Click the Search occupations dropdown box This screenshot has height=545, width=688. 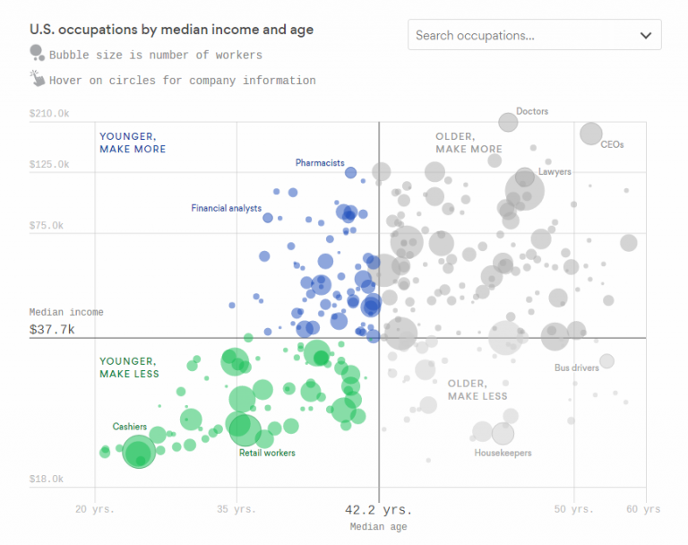[x=534, y=35]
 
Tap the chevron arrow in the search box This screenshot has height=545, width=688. [x=646, y=36]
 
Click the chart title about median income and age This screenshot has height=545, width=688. [x=171, y=30]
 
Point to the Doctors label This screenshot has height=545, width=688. [x=532, y=111]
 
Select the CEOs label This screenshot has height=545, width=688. [x=612, y=144]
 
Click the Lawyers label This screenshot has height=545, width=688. [x=555, y=171]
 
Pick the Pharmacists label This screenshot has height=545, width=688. [x=320, y=163]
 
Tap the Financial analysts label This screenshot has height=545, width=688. [x=226, y=208]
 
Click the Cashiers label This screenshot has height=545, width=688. [x=130, y=426]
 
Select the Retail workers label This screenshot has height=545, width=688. [x=267, y=453]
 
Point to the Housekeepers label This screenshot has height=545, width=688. [x=503, y=453]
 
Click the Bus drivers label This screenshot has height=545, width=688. [x=575, y=368]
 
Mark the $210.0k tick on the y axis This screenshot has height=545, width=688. [x=49, y=113]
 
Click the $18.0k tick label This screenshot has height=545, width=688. [x=47, y=480]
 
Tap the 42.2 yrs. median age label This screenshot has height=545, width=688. [x=379, y=509]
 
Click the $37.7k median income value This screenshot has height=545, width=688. [x=52, y=330]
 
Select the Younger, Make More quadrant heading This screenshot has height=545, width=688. [x=133, y=143]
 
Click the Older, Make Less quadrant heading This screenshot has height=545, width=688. [x=477, y=389]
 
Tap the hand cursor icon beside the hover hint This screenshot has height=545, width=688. [x=37, y=79]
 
